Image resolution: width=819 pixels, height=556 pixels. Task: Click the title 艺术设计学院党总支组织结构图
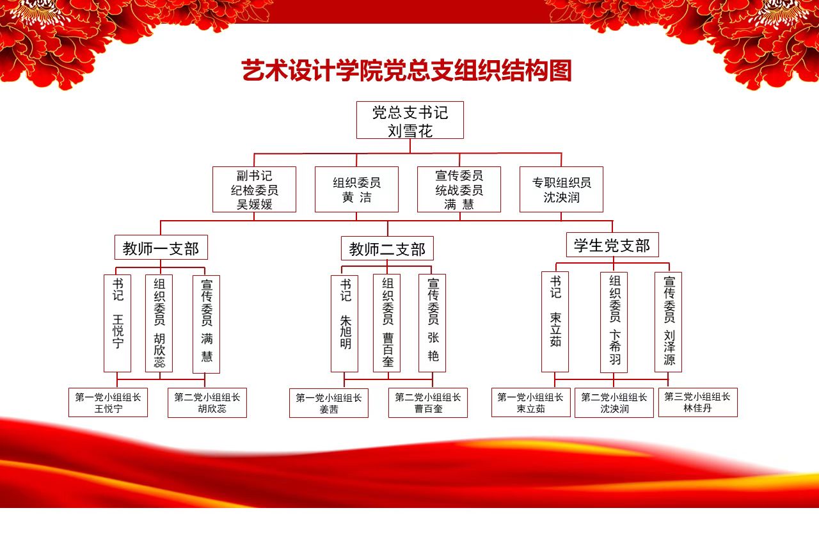click(406, 70)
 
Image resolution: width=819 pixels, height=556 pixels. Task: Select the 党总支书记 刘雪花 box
click(410, 120)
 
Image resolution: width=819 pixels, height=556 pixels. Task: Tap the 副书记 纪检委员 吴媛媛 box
click(254, 189)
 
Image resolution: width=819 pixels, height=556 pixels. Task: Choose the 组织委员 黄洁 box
click(356, 189)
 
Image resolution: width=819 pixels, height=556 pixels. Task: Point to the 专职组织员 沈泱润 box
click(561, 189)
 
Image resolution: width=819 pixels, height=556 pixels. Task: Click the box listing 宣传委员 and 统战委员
click(459, 189)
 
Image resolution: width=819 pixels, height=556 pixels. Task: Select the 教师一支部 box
click(161, 248)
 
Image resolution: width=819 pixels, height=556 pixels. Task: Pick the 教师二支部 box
click(387, 249)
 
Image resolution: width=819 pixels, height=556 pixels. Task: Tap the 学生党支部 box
click(612, 245)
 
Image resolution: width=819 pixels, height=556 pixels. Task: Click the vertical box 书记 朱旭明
click(344, 324)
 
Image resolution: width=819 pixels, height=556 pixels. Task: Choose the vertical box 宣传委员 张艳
click(432, 323)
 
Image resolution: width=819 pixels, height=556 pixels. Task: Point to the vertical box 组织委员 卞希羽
click(614, 322)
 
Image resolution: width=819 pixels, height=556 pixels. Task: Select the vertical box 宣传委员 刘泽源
click(668, 322)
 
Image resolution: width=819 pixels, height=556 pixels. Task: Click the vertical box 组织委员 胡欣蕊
click(159, 324)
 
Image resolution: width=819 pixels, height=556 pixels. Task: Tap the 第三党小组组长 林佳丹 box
click(698, 402)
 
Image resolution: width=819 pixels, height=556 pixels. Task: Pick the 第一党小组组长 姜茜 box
click(329, 403)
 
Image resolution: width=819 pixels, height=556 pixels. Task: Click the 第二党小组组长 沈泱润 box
click(614, 403)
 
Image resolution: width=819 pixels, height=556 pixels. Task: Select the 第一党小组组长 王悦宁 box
click(108, 402)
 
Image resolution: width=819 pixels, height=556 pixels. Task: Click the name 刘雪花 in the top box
click(410, 131)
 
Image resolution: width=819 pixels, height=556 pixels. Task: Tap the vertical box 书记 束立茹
click(555, 322)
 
